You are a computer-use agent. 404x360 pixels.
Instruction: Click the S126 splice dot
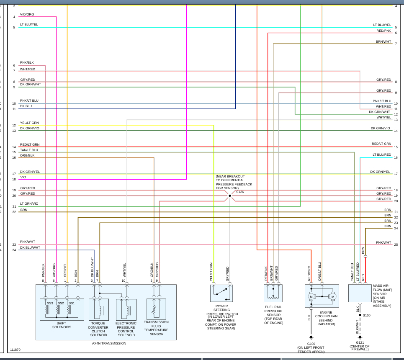[230, 195]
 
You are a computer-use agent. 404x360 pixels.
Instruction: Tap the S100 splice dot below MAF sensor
[360, 315]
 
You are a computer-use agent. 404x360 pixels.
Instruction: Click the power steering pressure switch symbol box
[221, 293]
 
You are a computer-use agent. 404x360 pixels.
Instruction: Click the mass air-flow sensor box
[360, 293]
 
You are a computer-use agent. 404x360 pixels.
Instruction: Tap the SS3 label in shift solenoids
[50, 303]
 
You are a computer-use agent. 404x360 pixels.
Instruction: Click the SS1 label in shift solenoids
[72, 303]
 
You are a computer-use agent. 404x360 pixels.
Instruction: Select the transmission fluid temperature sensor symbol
[154, 310]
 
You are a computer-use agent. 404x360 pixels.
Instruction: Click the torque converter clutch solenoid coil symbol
[100, 310]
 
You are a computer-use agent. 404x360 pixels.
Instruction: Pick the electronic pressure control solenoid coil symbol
[126, 310]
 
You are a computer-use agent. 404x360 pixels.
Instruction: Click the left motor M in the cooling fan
[311, 297]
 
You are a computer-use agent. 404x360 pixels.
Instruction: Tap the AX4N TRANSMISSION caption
[109, 343]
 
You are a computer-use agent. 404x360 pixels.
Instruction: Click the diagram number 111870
[15, 350]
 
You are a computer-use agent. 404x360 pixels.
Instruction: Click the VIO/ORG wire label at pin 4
[27, 15]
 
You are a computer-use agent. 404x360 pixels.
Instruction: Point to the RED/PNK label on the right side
[383, 31]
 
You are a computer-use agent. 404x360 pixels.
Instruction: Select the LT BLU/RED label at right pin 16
[382, 155]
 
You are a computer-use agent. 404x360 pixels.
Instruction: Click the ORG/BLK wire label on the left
[27, 155]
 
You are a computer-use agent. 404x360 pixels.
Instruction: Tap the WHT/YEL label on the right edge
[383, 117]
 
